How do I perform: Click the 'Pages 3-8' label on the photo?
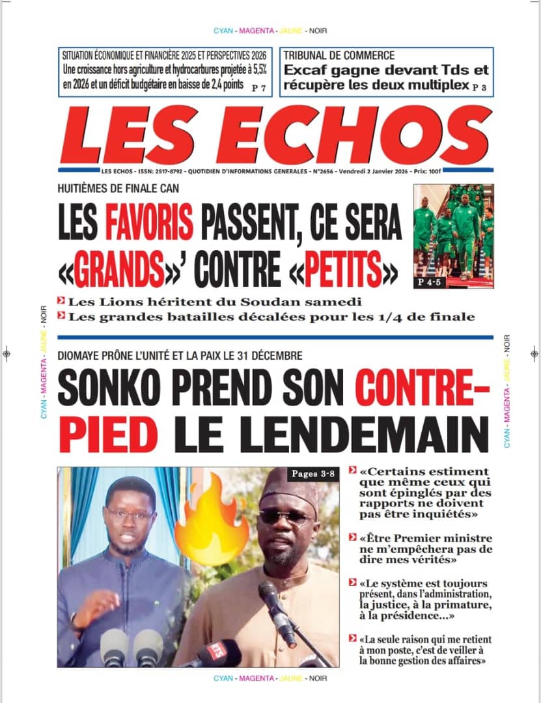(x=313, y=474)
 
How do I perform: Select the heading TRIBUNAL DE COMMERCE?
(x=339, y=56)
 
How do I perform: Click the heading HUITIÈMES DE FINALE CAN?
(x=118, y=189)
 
